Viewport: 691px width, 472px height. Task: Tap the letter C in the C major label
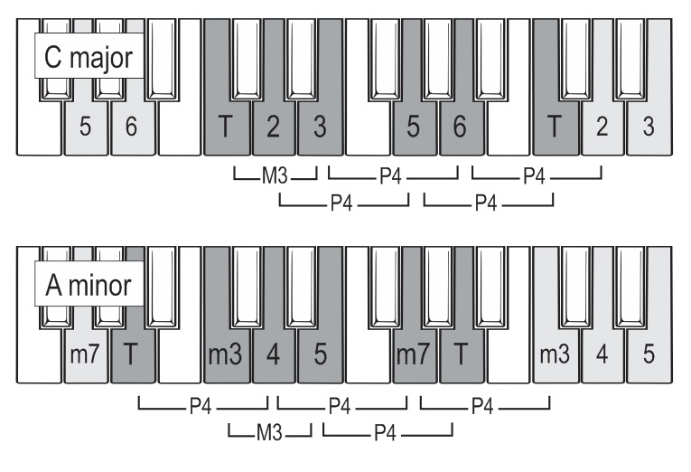coord(53,57)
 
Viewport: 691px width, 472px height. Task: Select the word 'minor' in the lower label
coord(99,285)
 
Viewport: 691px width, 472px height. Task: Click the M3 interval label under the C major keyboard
coord(275,175)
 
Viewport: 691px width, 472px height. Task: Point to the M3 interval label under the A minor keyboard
coord(269,432)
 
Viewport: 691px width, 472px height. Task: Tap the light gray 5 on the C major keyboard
coord(86,127)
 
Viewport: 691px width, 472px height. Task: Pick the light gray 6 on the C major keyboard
coord(131,127)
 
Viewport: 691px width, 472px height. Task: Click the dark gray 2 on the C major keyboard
coord(273,127)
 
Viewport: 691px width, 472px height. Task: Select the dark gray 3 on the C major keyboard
coord(320,127)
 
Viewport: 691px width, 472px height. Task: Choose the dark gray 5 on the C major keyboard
coord(413,127)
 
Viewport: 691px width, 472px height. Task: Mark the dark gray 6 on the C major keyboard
coord(460,127)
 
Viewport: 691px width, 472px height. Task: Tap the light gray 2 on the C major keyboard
coord(602,127)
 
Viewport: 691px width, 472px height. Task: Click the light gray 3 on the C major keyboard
coord(649,127)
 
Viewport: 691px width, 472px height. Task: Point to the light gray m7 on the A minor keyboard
coord(85,354)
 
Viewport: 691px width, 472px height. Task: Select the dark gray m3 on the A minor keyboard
coord(225,354)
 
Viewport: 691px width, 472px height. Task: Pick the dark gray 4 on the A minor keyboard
coord(273,354)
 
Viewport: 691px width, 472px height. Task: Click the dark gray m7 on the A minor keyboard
coord(413,354)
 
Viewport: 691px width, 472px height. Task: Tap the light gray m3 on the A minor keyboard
coord(555,354)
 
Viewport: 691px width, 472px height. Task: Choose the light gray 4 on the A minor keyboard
coord(602,354)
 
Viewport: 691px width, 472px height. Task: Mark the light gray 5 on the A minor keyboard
coord(649,354)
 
